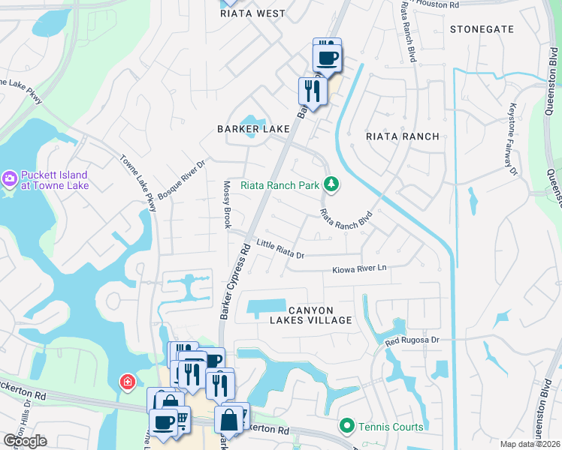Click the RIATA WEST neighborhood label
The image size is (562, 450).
tap(252, 13)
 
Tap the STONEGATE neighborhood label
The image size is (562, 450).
tap(482, 29)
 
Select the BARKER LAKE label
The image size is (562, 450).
tap(253, 129)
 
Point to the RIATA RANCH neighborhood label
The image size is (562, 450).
tap(402, 136)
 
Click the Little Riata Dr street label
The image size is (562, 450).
tap(279, 249)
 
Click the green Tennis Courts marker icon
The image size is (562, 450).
tap(346, 427)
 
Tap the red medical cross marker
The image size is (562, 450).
tap(128, 382)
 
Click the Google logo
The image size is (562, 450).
tap(25, 440)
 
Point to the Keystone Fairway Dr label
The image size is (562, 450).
tap(513, 139)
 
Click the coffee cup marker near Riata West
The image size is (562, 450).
tap(327, 57)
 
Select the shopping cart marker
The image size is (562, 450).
tap(181, 419)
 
